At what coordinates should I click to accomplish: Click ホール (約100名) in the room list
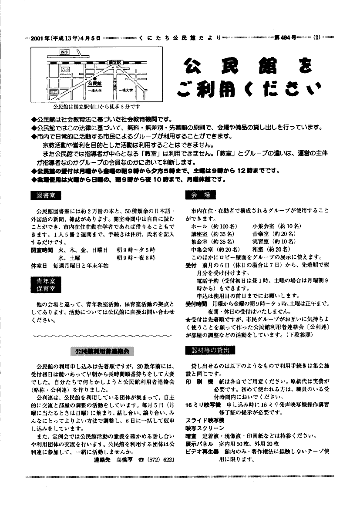click(214, 226)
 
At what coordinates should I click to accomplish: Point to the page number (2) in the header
click(317, 38)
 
